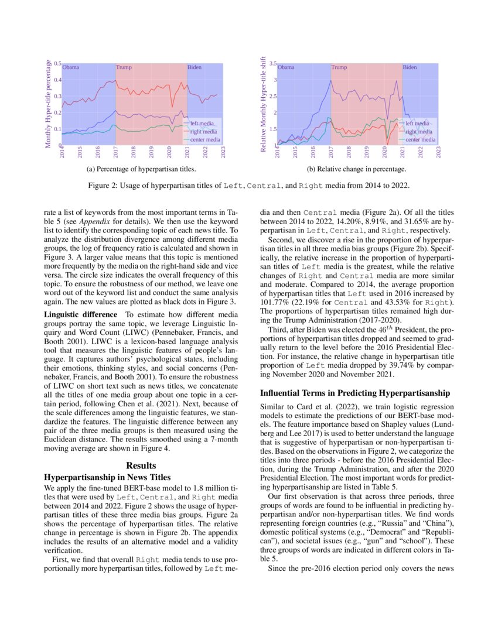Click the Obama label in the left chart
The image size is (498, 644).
click(70, 67)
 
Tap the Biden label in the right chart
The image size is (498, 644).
click(410, 67)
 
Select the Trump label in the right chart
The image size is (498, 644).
click(339, 67)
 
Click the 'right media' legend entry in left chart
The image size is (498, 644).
click(203, 132)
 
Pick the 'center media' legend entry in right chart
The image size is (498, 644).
click(420, 140)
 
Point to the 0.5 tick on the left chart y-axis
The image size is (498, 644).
click(58, 63)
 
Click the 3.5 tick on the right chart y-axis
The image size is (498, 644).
click(273, 63)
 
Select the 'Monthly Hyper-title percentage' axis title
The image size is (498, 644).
click(49, 104)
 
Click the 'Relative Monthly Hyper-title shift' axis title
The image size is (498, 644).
click(264, 104)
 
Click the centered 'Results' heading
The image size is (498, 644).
click(141, 466)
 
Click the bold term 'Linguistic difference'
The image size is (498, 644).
click(80, 314)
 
